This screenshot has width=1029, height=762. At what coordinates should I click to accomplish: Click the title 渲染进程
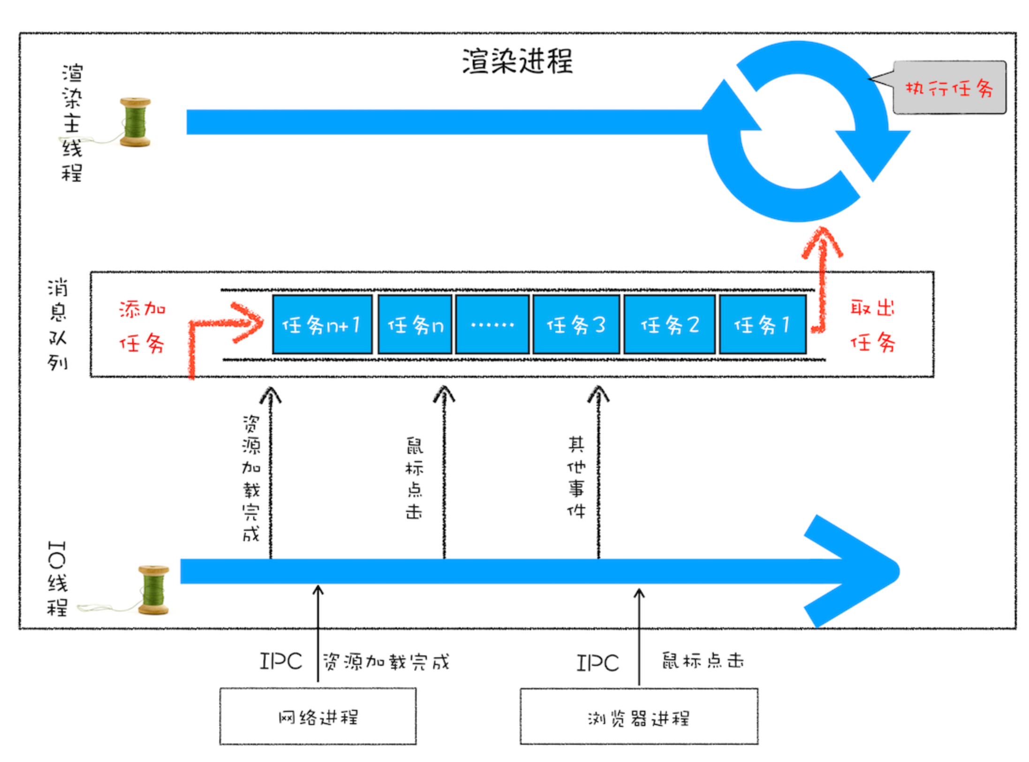(x=517, y=61)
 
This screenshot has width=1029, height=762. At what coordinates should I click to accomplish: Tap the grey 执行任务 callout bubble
(x=949, y=88)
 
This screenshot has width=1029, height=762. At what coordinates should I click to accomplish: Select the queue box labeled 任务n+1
(x=322, y=325)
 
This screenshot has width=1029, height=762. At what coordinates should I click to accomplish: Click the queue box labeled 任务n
(x=415, y=325)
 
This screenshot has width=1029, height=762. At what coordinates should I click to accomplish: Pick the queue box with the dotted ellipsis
(x=492, y=325)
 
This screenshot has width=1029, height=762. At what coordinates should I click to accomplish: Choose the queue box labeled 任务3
(x=576, y=325)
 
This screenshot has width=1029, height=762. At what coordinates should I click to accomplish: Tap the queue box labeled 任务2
(x=670, y=325)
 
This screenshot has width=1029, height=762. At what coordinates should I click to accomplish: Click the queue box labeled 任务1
(x=763, y=325)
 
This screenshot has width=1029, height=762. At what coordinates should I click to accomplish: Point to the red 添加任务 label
(x=142, y=327)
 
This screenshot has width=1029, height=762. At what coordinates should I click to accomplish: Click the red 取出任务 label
(x=872, y=326)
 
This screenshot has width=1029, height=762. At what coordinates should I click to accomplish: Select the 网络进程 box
(x=318, y=716)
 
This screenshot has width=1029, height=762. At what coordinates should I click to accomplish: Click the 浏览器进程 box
(x=639, y=716)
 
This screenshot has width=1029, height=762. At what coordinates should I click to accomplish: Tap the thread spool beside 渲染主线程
(x=135, y=122)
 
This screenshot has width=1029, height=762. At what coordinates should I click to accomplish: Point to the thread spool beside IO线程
(x=153, y=590)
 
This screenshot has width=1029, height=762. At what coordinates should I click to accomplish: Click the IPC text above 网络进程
(x=281, y=662)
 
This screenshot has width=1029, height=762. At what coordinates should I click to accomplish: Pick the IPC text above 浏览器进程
(x=598, y=663)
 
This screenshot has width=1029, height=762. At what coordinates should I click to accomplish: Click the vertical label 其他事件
(x=576, y=477)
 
